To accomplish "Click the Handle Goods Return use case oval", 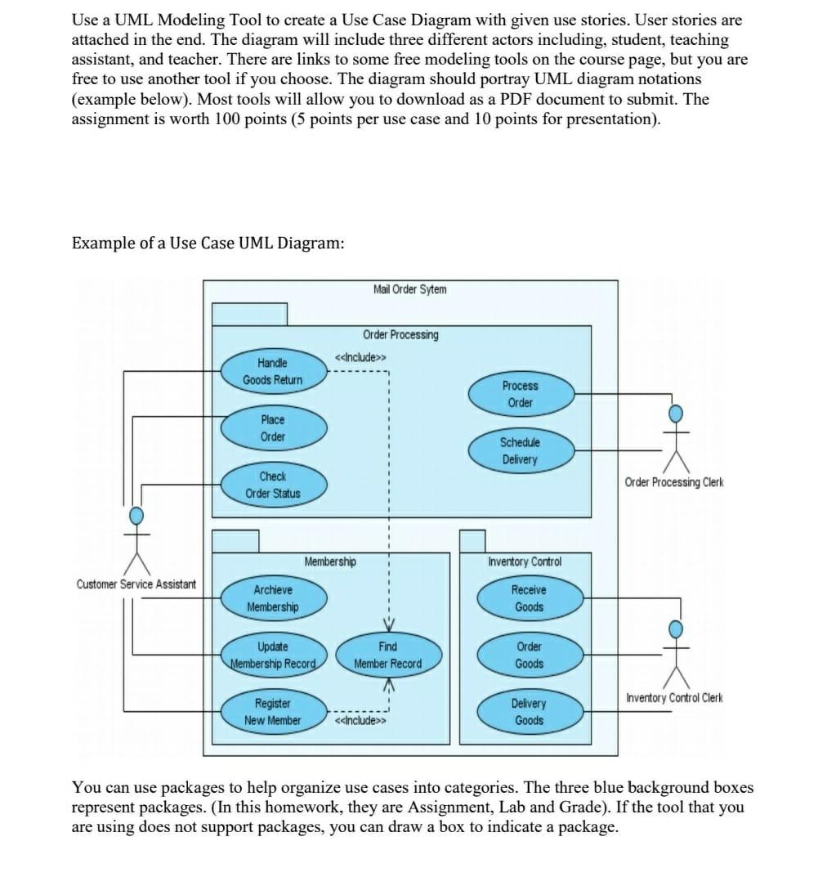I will (x=273, y=371).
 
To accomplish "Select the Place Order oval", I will (x=273, y=428).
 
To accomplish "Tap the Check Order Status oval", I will (x=273, y=485).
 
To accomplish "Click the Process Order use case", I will (x=520, y=394).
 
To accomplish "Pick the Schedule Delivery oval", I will (x=520, y=450).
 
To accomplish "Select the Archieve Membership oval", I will (x=273, y=598).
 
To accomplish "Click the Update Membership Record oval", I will (x=273, y=655).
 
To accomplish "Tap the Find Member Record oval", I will (x=388, y=655).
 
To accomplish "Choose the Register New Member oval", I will (x=273, y=712).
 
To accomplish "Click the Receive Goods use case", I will (x=529, y=598).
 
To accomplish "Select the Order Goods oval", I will (x=529, y=655).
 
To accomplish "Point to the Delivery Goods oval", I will (x=529, y=712).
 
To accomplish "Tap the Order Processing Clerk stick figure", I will (x=675, y=437).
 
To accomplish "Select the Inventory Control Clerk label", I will (x=674, y=698).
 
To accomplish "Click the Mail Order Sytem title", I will (x=409, y=289).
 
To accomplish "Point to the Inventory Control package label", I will (x=525, y=562).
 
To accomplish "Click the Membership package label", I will (x=330, y=562).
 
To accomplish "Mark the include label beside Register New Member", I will (x=360, y=721).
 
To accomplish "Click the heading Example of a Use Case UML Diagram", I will (x=208, y=244).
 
